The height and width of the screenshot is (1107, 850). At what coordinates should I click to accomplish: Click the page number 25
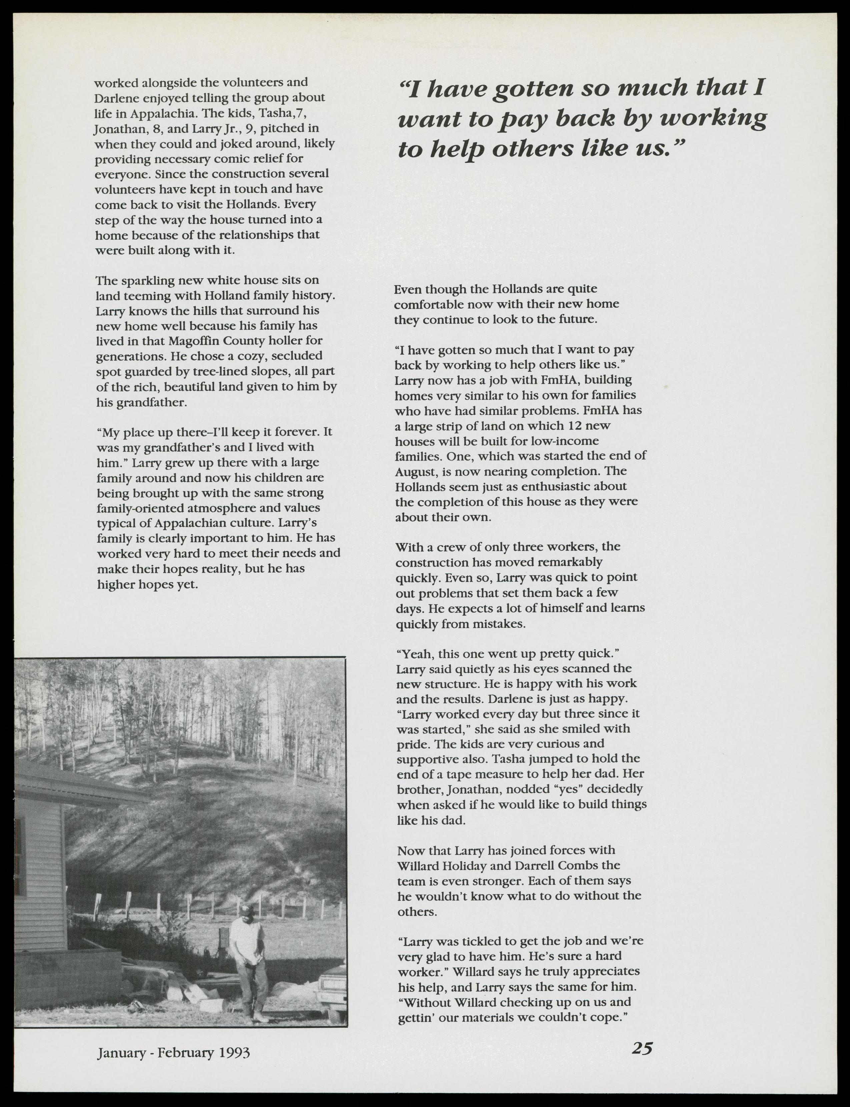tap(642, 1048)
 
